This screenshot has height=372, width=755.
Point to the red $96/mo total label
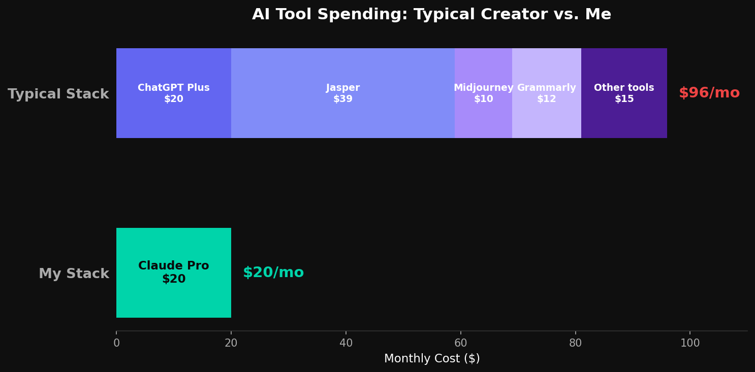709,93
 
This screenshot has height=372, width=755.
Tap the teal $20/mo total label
273,273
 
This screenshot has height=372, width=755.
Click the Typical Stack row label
58,94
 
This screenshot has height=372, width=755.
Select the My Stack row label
74,274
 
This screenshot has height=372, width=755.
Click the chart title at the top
431,15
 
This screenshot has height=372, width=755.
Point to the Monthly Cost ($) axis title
432,359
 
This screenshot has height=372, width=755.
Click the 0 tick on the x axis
116,344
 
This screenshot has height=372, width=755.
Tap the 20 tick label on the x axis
231,344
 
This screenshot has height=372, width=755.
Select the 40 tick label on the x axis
346,344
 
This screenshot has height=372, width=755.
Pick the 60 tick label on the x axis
461,344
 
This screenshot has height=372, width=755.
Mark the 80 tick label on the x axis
575,344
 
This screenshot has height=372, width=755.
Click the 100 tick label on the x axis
690,344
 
